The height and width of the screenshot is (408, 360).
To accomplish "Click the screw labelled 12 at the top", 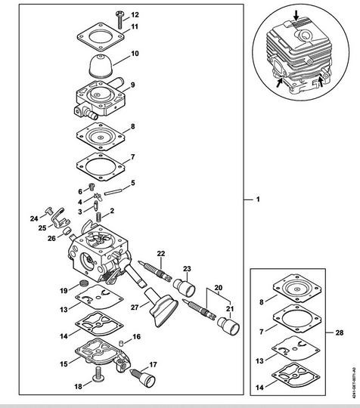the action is click(x=119, y=20).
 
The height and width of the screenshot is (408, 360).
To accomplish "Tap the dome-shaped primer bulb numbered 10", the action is click(x=101, y=66).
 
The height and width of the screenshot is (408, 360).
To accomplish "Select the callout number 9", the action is click(x=132, y=85).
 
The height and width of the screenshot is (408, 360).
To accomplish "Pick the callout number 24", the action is click(x=34, y=218).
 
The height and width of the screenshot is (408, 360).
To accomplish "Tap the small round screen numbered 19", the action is click(x=84, y=283).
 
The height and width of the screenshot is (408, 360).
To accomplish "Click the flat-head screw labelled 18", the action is click(x=98, y=374).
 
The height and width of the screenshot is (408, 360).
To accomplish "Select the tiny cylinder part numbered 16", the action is click(x=121, y=344).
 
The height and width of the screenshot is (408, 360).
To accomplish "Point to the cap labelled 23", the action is click(x=185, y=287).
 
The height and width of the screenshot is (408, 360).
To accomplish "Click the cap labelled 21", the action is click(x=229, y=326).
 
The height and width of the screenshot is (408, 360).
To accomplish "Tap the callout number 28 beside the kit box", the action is click(x=339, y=332).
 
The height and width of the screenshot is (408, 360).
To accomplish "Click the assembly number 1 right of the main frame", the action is click(x=258, y=199).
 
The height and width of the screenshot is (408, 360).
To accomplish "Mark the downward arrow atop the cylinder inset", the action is click(x=296, y=15).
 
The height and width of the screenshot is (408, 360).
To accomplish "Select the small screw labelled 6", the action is click(x=92, y=187).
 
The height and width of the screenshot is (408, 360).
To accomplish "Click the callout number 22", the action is click(x=161, y=253).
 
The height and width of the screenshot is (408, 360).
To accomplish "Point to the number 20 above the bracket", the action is click(x=219, y=288).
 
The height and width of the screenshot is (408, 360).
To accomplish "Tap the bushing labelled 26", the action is click(x=68, y=230).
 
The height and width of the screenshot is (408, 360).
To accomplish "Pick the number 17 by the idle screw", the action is click(x=153, y=364).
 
